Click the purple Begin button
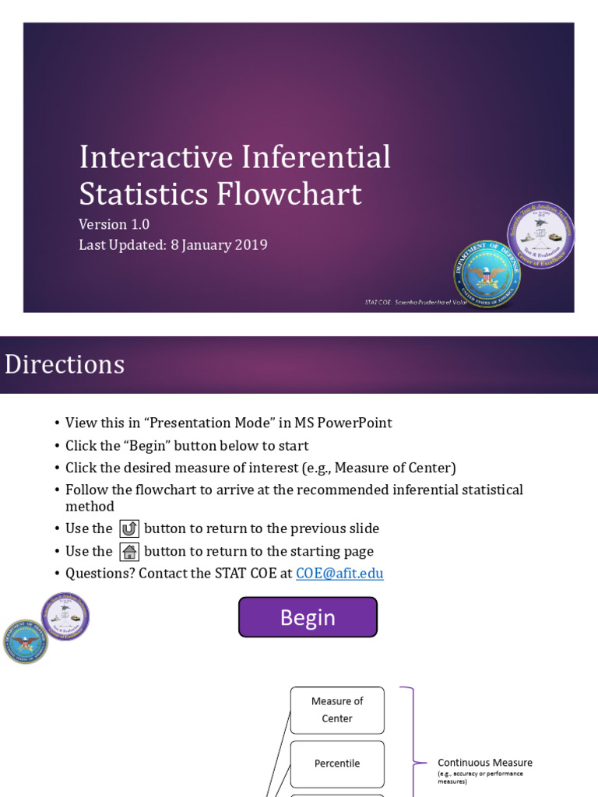(x=308, y=617)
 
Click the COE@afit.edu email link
(x=339, y=574)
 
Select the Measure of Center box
(x=337, y=710)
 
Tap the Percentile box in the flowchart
(x=337, y=764)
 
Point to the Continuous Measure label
(x=485, y=763)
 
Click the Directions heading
(x=65, y=364)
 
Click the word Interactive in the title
(x=156, y=157)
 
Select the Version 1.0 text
(x=114, y=224)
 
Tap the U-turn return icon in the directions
(x=128, y=529)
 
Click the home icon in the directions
(x=128, y=552)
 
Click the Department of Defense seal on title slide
(x=487, y=274)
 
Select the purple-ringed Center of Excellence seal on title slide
(x=540, y=235)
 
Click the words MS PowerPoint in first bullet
(x=343, y=423)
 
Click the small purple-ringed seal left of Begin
(x=65, y=616)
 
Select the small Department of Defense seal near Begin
(x=26, y=641)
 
